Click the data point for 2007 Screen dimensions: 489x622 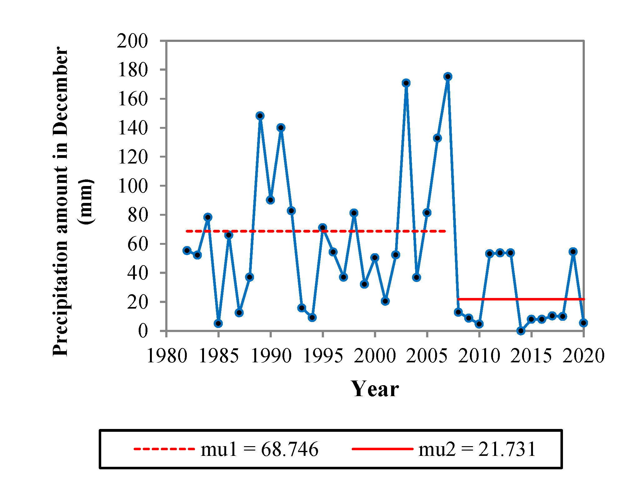click(x=448, y=77)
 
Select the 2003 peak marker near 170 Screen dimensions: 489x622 click(x=406, y=83)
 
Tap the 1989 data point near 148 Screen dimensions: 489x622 click(x=260, y=116)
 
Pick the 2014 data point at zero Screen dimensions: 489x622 click(x=520, y=330)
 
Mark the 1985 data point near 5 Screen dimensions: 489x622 click(x=218, y=323)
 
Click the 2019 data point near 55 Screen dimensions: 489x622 click(x=573, y=251)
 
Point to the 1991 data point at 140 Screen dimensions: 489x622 click(x=281, y=127)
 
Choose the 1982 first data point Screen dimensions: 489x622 click(x=187, y=250)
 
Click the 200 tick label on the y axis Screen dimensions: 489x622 click(x=132, y=41)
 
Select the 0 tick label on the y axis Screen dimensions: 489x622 click(x=143, y=331)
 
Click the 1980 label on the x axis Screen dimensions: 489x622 click(x=167, y=356)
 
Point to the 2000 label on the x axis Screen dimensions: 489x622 click(x=375, y=356)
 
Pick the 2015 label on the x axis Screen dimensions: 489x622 click(x=531, y=356)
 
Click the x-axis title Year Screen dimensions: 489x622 click(x=375, y=389)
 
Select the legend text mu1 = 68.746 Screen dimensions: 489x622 click(x=259, y=449)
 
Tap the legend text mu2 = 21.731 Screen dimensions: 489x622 click(x=477, y=449)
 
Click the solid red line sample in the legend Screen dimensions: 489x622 click(x=383, y=449)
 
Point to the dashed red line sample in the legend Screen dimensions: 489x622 click(x=164, y=449)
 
